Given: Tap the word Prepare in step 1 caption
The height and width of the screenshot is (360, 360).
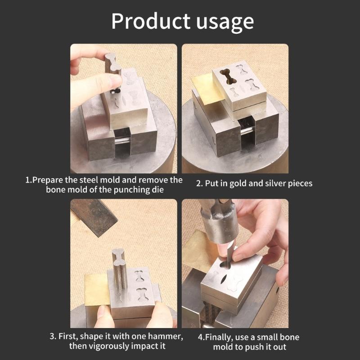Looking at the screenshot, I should tap(49, 180).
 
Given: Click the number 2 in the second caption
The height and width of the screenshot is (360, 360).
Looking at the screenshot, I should tap(199, 183).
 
